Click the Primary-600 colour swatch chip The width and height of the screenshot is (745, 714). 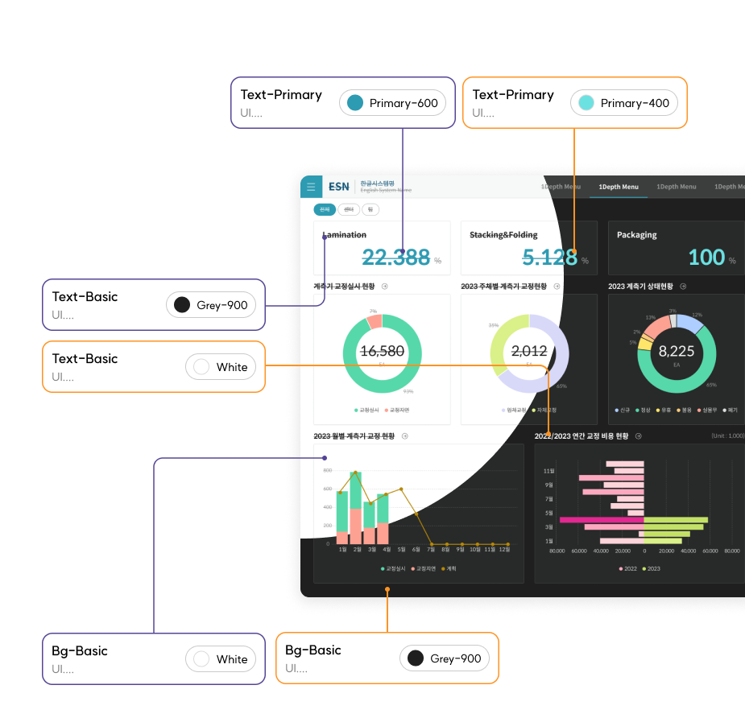pos(392,103)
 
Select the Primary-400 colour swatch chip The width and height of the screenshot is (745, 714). pos(624,103)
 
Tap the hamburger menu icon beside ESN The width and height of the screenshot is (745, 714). pos(311,187)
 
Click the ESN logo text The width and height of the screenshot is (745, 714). pos(339,187)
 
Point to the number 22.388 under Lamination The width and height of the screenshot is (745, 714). pos(395,257)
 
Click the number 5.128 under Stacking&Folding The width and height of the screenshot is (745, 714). pos(549,257)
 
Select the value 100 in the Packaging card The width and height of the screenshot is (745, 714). pos(706,257)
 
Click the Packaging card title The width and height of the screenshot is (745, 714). pos(636,235)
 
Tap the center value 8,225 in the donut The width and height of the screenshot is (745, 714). pos(676,351)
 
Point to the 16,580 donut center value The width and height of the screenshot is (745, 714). pos(382,351)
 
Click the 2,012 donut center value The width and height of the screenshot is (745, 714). pos(529,351)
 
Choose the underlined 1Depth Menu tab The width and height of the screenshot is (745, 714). pos(619,187)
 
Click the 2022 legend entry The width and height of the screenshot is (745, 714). pos(627,568)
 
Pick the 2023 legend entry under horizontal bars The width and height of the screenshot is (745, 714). pos(651,568)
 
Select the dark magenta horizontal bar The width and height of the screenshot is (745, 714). pos(602,520)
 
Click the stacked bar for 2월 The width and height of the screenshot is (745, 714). pos(356,508)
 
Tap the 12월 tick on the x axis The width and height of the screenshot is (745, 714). pos(504,550)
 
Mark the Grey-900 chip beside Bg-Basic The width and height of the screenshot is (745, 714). pos(445,658)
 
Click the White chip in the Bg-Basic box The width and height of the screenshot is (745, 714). pos(221,659)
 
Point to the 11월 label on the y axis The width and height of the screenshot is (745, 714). pos(548,471)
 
